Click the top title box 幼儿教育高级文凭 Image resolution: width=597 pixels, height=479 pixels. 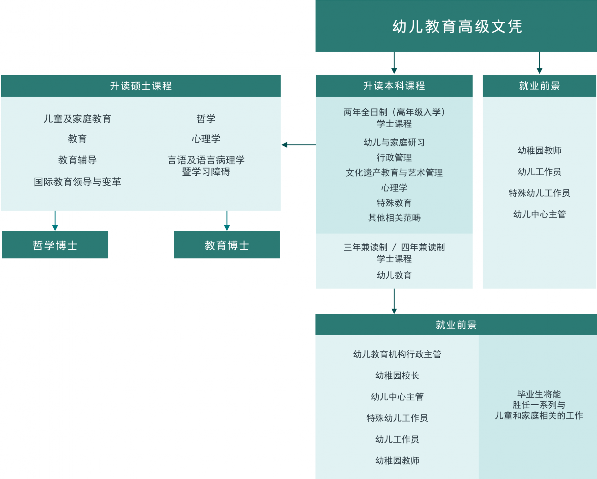tap(456, 26)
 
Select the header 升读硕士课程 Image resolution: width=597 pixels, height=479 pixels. tap(141, 86)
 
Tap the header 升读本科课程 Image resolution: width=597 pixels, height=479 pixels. tap(394, 86)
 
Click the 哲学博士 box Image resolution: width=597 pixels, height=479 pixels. tap(55, 245)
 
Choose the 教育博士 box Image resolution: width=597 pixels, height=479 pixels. tap(227, 245)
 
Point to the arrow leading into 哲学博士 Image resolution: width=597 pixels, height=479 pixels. tap(55, 221)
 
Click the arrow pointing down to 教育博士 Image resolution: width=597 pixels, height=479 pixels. tap(227, 221)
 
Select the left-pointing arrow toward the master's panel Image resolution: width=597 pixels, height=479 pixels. tap(299, 145)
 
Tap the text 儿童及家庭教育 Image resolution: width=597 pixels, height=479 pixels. tap(77, 119)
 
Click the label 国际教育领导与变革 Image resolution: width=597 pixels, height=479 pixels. tap(77, 182)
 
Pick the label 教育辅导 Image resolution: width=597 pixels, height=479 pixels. tap(77, 160)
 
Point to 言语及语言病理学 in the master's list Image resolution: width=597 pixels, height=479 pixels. tap(206, 160)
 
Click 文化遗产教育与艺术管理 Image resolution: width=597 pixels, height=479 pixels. tap(394, 173)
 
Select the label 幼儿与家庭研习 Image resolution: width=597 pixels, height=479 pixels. tap(394, 143)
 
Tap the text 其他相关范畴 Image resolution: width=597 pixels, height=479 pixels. tap(394, 218)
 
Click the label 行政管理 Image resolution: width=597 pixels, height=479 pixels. tap(394, 158)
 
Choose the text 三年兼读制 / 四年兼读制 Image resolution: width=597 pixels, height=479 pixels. tap(394, 247)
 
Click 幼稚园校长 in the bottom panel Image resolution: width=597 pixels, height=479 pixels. tap(397, 375)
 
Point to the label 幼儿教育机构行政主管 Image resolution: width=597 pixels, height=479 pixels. tap(397, 354)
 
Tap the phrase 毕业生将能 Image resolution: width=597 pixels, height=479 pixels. tap(539, 394)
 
